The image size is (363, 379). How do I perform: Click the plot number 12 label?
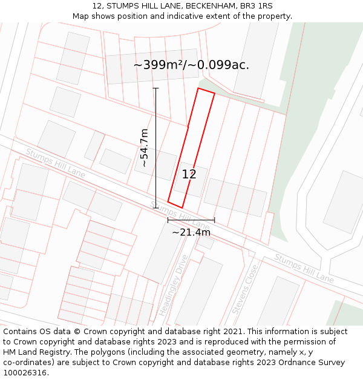(x=189, y=175)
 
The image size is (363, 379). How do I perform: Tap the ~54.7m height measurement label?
(x=144, y=147)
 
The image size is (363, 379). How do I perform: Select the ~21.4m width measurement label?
(x=191, y=232)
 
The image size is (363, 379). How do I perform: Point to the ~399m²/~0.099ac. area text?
(x=191, y=65)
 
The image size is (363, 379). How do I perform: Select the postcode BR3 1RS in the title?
(x=257, y=6)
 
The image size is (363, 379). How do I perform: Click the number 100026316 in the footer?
(x=25, y=373)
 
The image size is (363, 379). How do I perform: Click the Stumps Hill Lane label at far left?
(x=56, y=164)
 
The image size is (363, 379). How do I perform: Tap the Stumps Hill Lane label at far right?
(x=304, y=268)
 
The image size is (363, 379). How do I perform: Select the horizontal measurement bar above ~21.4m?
(x=191, y=220)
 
